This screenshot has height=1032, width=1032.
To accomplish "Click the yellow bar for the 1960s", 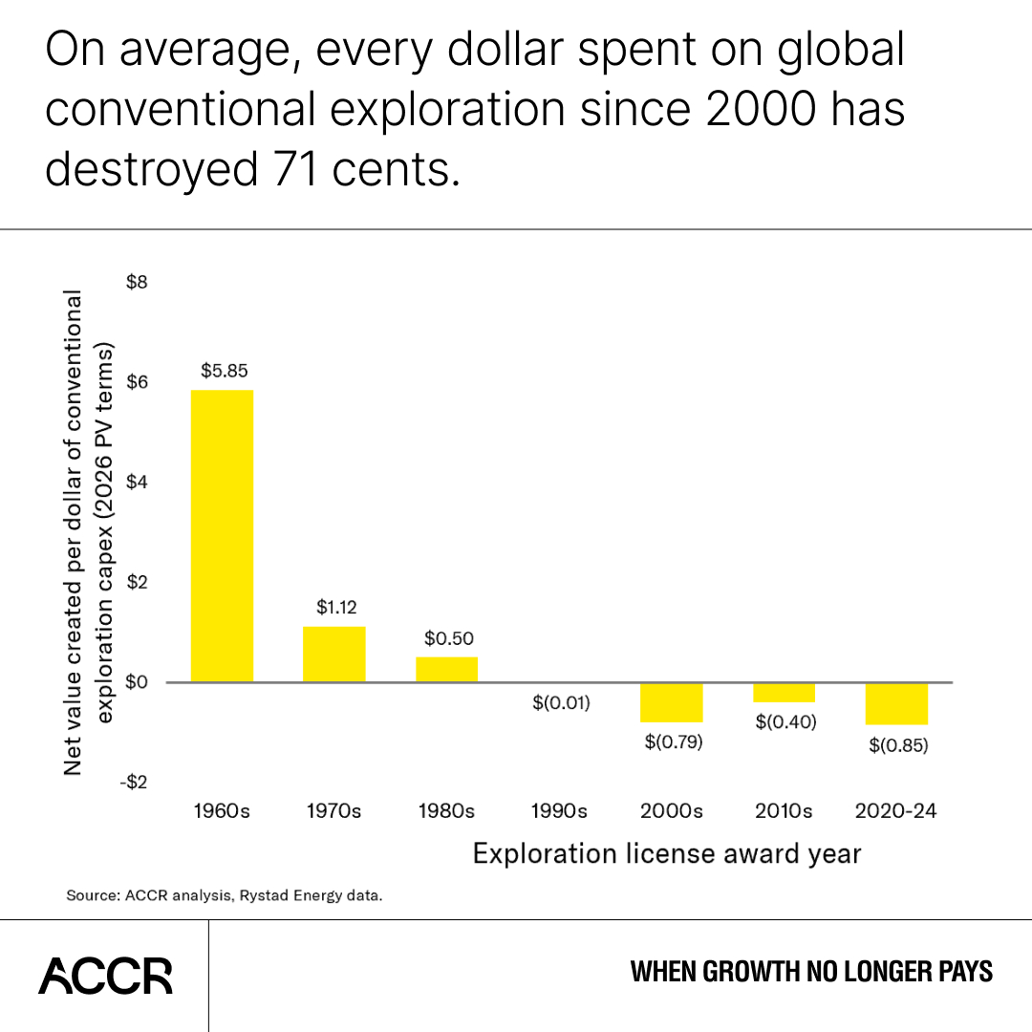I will (222, 535).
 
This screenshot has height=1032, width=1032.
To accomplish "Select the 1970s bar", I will (333, 654).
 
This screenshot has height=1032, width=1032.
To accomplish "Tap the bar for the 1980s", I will (446, 669).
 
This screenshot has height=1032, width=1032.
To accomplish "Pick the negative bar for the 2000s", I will (672, 702).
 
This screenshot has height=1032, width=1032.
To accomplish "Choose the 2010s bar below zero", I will (784, 693).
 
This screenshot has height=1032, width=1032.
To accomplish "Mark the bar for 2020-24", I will (896, 704).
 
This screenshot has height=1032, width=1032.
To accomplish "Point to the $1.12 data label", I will (335, 607).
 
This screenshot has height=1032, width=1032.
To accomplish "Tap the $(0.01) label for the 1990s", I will (560, 703).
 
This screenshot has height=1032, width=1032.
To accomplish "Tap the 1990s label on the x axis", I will (559, 811).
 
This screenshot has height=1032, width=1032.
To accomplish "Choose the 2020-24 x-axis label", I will (896, 811).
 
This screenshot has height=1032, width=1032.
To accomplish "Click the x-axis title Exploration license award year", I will (667, 853).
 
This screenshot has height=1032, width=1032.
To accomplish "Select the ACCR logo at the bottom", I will (105, 976).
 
